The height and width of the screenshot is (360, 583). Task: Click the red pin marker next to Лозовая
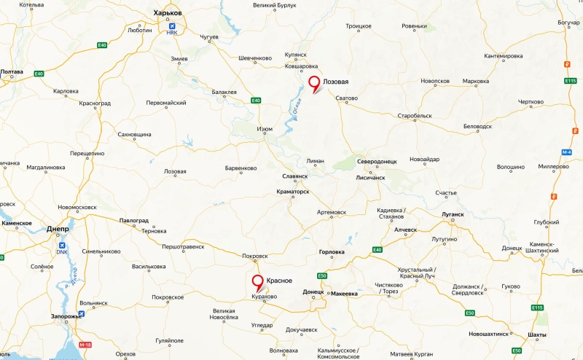pos(314,82)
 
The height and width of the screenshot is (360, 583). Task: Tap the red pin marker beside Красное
pos(257,282)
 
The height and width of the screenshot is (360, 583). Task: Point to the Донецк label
pos(313,291)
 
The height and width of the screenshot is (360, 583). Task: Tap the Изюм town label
pos(265,129)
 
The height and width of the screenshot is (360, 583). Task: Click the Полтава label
pos(12,72)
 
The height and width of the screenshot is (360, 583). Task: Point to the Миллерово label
pos(553,166)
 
